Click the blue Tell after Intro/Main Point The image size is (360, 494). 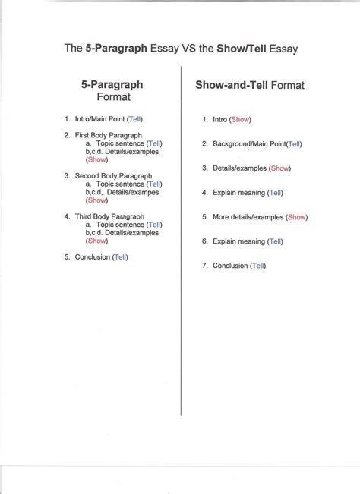[134, 119]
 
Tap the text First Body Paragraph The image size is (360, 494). [103, 135]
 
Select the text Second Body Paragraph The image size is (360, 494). [108, 175]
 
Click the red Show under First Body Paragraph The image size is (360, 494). [96, 159]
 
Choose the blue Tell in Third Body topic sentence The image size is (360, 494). [154, 225]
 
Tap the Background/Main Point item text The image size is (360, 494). [248, 143]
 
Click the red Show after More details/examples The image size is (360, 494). [296, 217]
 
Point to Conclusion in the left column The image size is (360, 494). [92, 257]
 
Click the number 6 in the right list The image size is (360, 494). [204, 241]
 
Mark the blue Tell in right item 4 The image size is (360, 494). [276, 193]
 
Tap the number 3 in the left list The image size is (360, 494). [67, 175]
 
